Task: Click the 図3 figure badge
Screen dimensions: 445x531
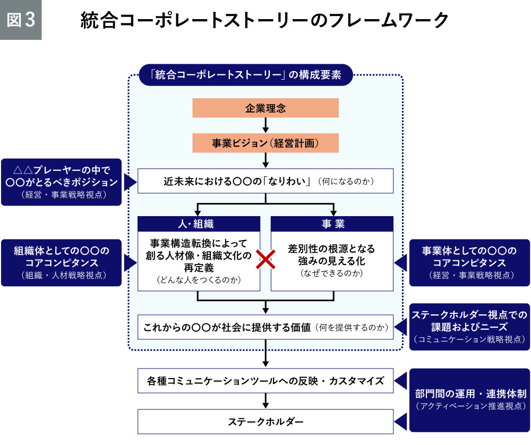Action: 21,20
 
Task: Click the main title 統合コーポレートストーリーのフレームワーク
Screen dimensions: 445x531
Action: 264,21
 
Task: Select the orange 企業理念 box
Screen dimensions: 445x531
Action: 265,108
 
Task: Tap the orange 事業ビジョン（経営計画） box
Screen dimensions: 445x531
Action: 265,143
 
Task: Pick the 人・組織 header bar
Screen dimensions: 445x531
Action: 199,224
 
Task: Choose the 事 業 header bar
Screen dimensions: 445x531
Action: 332,224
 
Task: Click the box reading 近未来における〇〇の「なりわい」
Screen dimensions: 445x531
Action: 265,182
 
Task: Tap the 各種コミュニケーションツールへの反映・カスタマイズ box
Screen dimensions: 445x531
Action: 265,381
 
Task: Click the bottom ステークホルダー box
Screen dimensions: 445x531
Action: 265,422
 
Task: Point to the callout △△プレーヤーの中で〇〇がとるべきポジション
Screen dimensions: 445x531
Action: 61,182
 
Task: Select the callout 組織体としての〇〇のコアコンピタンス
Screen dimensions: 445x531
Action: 61,262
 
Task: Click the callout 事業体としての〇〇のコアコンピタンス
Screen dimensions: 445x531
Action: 469,262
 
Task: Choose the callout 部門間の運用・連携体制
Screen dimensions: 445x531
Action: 469,400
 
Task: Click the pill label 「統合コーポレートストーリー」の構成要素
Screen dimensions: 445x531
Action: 245,75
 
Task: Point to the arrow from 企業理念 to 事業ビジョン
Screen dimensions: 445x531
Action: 265,125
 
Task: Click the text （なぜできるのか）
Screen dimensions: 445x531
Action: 331,273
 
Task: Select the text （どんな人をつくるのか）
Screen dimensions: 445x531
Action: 199,279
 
